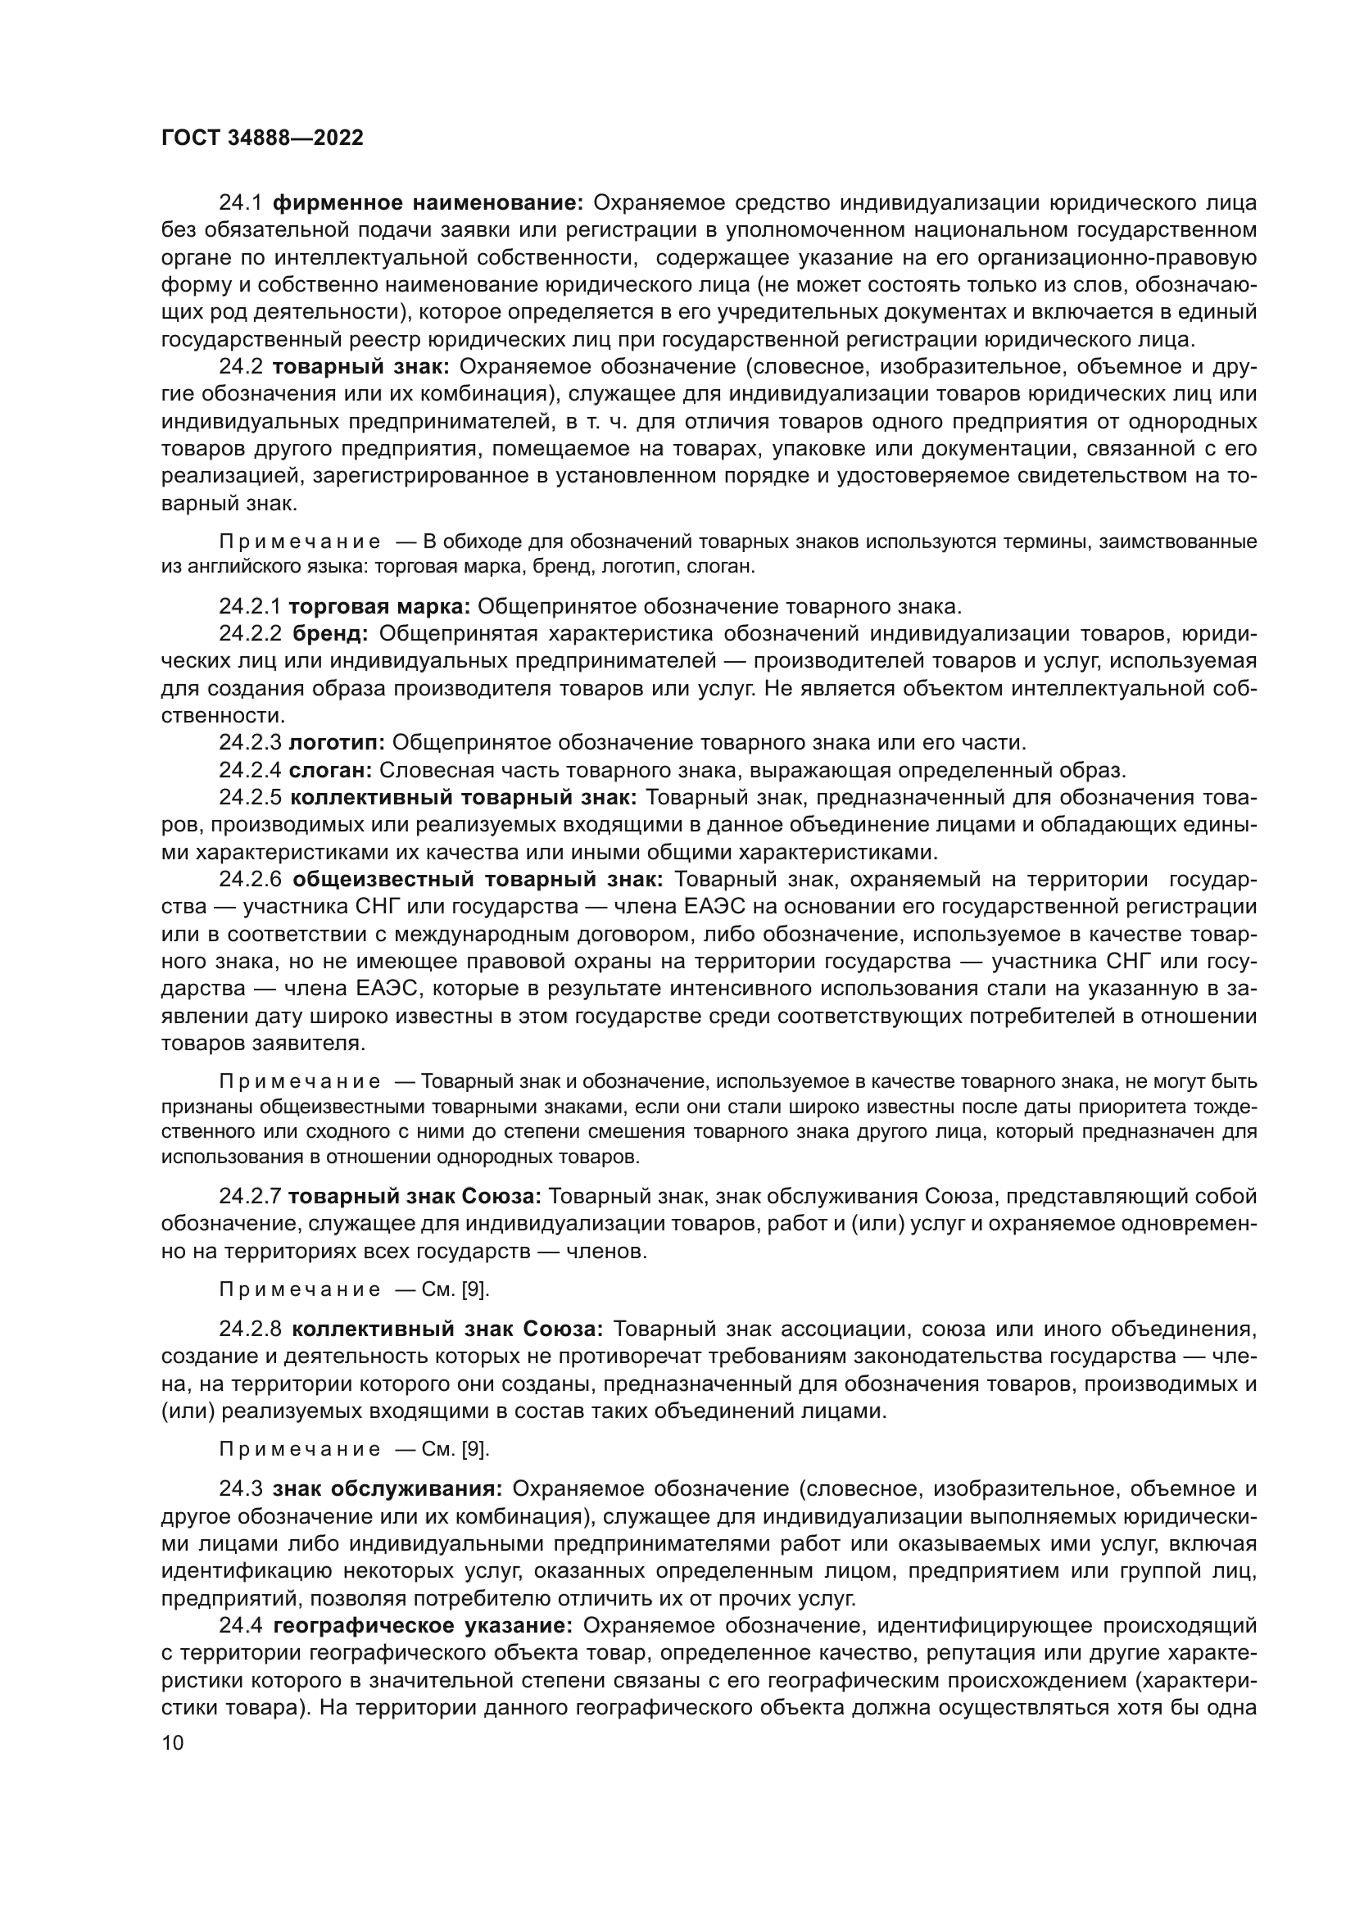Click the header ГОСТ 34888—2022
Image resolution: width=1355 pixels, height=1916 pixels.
click(x=262, y=138)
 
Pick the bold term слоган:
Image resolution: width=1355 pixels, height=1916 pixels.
click(x=330, y=769)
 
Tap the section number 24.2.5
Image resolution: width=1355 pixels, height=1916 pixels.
click(x=252, y=797)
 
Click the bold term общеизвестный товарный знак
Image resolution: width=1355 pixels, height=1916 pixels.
click(x=478, y=880)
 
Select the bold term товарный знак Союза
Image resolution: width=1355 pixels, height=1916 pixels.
click(x=415, y=1196)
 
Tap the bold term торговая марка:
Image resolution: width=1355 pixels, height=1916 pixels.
click(x=379, y=606)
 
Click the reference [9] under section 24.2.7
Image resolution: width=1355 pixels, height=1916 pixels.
click(x=475, y=1289)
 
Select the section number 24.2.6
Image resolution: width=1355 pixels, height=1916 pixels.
click(x=252, y=880)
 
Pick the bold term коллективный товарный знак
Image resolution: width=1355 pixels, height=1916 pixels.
click(x=463, y=797)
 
